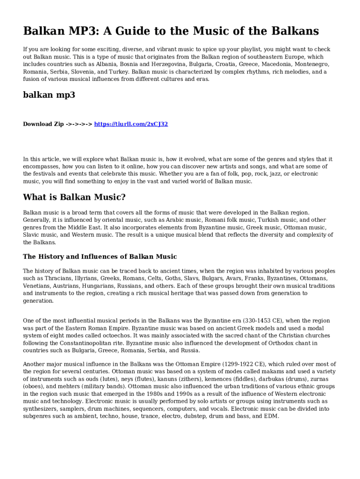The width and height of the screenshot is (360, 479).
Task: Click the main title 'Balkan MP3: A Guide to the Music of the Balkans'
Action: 171,31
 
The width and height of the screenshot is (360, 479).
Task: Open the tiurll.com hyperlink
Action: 131,124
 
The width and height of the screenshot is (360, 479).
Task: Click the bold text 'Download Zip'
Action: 43,124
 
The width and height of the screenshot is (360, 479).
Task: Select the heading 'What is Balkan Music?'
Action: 74,197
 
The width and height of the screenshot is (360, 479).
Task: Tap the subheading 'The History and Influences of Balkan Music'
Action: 100,256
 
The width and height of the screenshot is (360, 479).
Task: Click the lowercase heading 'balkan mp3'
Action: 49,95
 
